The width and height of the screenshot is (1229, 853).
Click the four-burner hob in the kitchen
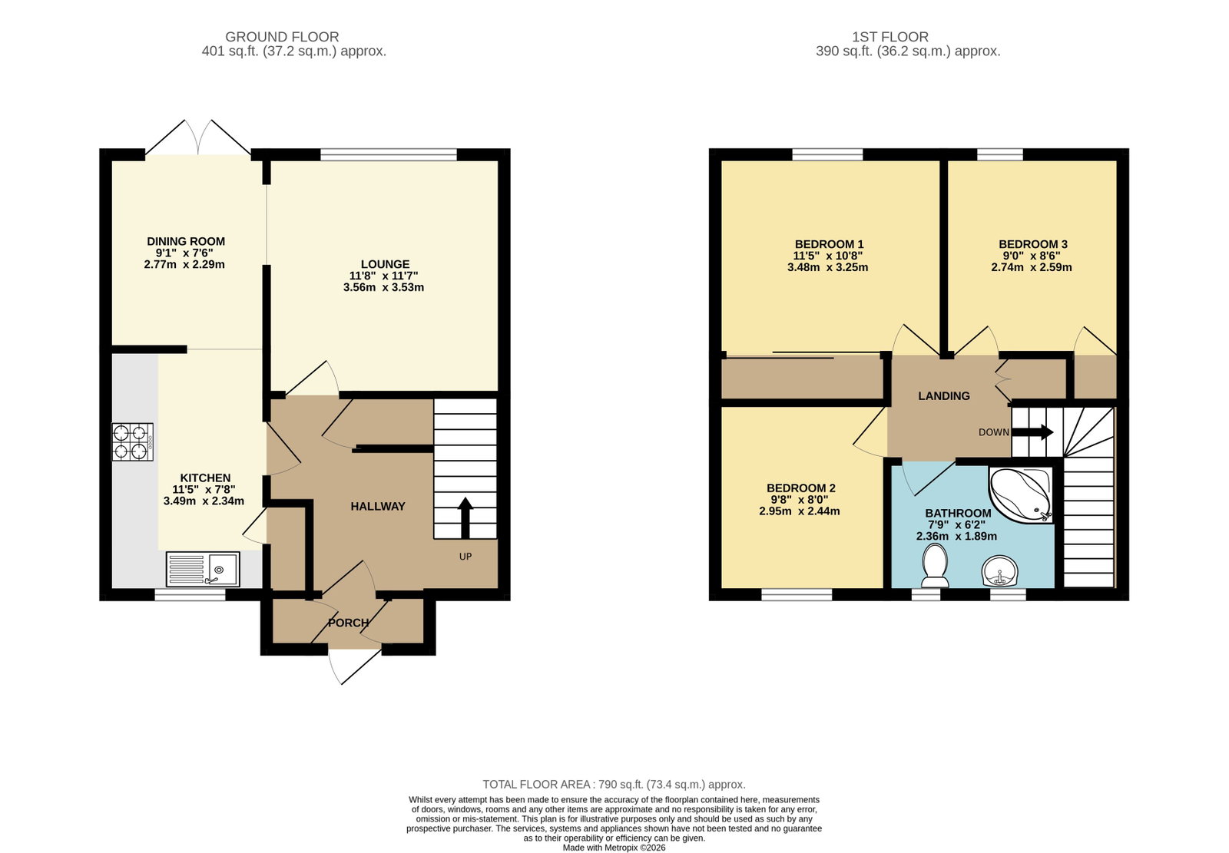pyautogui.click(x=132, y=441)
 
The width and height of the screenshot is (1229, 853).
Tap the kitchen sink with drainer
pyautogui.click(x=203, y=569)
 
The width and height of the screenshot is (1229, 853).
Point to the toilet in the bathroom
pyautogui.click(x=936, y=566)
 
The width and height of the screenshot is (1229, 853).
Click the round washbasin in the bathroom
pyautogui.click(x=999, y=571)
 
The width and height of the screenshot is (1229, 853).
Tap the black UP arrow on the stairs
pyautogui.click(x=465, y=517)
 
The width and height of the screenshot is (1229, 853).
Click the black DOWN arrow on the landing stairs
pyautogui.click(x=1032, y=431)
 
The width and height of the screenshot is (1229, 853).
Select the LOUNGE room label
pyautogui.click(x=385, y=264)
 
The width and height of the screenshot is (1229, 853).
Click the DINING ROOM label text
pyautogui.click(x=186, y=241)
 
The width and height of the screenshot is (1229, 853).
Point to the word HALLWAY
pyautogui.click(x=378, y=506)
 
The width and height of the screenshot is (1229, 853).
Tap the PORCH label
pyautogui.click(x=349, y=623)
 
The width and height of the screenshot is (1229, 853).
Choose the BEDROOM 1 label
pyautogui.click(x=829, y=244)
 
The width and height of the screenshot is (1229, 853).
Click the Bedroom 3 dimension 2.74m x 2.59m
pyautogui.click(x=1032, y=267)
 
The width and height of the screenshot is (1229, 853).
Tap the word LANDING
pyautogui.click(x=944, y=395)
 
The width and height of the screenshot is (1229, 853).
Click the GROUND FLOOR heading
pyautogui.click(x=282, y=37)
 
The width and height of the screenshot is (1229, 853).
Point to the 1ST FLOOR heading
pyautogui.click(x=890, y=37)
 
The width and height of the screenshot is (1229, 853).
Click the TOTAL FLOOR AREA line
pyautogui.click(x=614, y=785)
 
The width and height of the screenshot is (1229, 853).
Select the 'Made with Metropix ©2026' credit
pyautogui.click(x=614, y=848)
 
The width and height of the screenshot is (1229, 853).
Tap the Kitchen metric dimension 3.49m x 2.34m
pyautogui.click(x=204, y=501)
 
